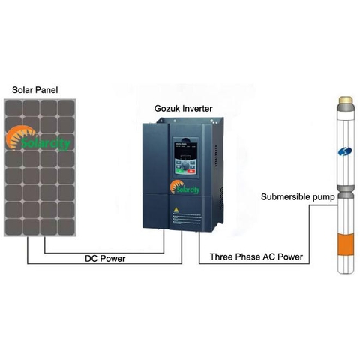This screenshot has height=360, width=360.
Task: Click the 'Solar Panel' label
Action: (35, 90)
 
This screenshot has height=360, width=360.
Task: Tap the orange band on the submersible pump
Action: (345, 244)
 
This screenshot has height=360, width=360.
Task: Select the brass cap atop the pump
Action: (346, 98)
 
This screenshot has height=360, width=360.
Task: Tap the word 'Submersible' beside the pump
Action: (283, 197)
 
